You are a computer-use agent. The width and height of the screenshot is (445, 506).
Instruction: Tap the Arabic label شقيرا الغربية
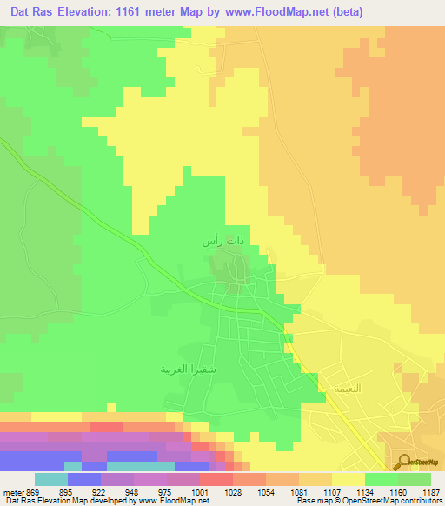183,369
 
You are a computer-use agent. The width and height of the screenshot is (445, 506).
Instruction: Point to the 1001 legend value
201,491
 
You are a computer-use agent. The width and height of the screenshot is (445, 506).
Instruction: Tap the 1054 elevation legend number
267,491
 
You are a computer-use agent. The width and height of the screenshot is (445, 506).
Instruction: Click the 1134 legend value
365,491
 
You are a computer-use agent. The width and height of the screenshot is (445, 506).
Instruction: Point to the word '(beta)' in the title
343,11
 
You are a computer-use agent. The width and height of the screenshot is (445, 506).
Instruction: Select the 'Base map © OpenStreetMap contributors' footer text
369,501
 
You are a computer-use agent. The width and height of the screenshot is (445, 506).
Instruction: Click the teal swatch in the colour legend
51,479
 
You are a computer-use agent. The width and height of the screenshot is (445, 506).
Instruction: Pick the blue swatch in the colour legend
84,479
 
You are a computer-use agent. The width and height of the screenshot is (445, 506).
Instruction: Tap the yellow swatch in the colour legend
349,479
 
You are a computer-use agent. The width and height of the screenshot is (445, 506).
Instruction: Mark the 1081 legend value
300,491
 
